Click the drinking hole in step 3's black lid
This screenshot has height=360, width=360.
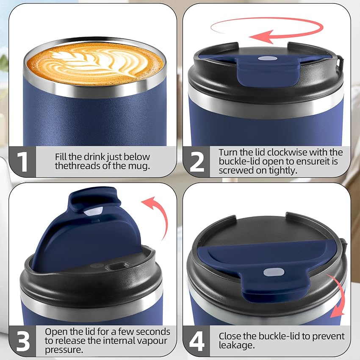pos(118,266)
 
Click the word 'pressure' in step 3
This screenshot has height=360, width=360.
pos(64,350)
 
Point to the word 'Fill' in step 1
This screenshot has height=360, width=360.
pos(62,157)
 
